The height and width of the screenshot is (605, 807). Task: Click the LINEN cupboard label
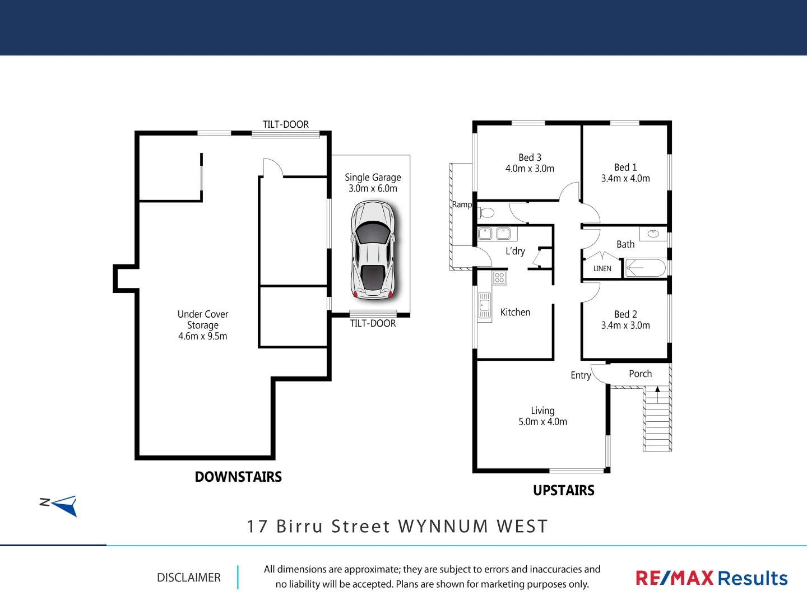(602, 269)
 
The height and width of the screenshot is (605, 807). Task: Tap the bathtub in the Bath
(646, 268)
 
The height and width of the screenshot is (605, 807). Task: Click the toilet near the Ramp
(487, 213)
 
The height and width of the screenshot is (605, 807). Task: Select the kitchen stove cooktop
(499, 278)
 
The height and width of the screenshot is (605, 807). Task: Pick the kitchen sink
(484, 306)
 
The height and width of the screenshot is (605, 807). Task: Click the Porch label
(640, 374)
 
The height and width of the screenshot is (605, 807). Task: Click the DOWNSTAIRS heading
(238, 477)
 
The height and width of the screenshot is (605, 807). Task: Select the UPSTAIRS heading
(564, 490)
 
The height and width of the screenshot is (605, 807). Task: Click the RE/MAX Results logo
(711, 578)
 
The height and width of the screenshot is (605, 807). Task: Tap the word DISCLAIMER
(189, 578)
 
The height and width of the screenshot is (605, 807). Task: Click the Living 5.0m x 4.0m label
(542, 416)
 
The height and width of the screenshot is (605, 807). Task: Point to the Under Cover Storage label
(203, 325)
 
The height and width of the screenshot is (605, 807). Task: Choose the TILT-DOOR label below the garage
(373, 323)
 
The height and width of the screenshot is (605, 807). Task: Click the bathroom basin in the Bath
(653, 234)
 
